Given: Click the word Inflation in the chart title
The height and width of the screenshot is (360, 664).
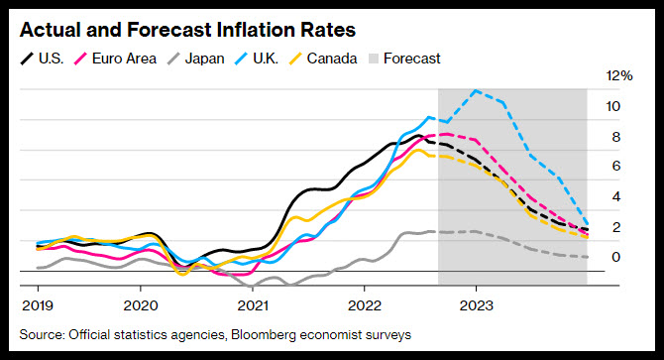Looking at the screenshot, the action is (256, 30).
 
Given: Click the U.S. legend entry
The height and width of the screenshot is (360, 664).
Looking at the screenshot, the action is (43, 59).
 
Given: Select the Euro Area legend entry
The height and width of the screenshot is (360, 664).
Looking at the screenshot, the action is (115, 59).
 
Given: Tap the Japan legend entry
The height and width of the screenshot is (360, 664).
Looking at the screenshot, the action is (195, 59).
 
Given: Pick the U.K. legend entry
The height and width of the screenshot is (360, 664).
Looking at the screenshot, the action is (257, 59).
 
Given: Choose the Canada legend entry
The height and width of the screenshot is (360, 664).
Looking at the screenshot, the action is (323, 59).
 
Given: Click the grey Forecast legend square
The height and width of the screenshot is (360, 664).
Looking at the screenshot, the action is (374, 59).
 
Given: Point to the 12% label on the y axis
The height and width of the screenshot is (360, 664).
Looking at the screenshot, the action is (619, 75).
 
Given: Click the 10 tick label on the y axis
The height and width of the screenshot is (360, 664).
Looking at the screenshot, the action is (613, 106).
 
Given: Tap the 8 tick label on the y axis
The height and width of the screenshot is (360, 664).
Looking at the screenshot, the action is (616, 137).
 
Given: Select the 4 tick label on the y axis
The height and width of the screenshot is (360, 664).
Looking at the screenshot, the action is (616, 197).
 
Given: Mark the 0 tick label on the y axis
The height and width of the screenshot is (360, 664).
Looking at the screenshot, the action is (616, 257).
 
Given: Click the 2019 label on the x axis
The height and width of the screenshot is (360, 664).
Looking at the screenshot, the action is (38, 305).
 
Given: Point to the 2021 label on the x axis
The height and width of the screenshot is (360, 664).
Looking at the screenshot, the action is (253, 305).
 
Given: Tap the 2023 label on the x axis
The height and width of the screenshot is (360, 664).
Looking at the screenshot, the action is (477, 305).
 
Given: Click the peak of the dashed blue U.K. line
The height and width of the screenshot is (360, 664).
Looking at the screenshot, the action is (476, 90).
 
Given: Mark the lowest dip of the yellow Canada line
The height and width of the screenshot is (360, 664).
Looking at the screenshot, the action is (182, 275).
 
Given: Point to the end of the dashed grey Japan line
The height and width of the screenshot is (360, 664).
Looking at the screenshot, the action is (587, 257).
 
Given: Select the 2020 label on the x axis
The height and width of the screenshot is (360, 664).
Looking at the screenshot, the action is (141, 305).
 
